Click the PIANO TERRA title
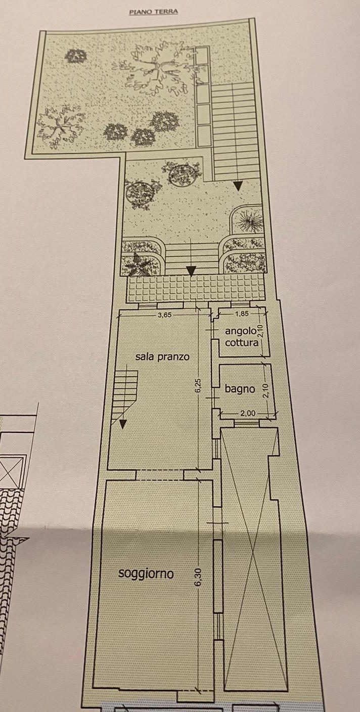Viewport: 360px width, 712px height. [154, 12]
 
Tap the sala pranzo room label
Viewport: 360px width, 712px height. [162, 357]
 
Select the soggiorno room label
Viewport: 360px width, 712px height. [146, 574]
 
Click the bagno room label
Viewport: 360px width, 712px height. [240, 389]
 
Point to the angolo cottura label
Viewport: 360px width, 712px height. [241, 337]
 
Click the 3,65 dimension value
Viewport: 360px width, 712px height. [165, 315]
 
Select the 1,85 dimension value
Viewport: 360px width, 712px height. [242, 313]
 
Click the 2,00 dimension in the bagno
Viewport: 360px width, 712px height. [248, 413]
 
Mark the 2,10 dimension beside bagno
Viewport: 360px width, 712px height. [266, 391]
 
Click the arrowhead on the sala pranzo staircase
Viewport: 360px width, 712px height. [123, 424]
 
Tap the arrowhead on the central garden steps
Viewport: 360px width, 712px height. [191, 271]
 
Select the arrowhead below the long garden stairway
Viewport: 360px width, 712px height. [239, 186]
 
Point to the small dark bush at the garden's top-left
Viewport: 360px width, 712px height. [76, 56]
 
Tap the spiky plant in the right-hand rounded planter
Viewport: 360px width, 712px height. [251, 220]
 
